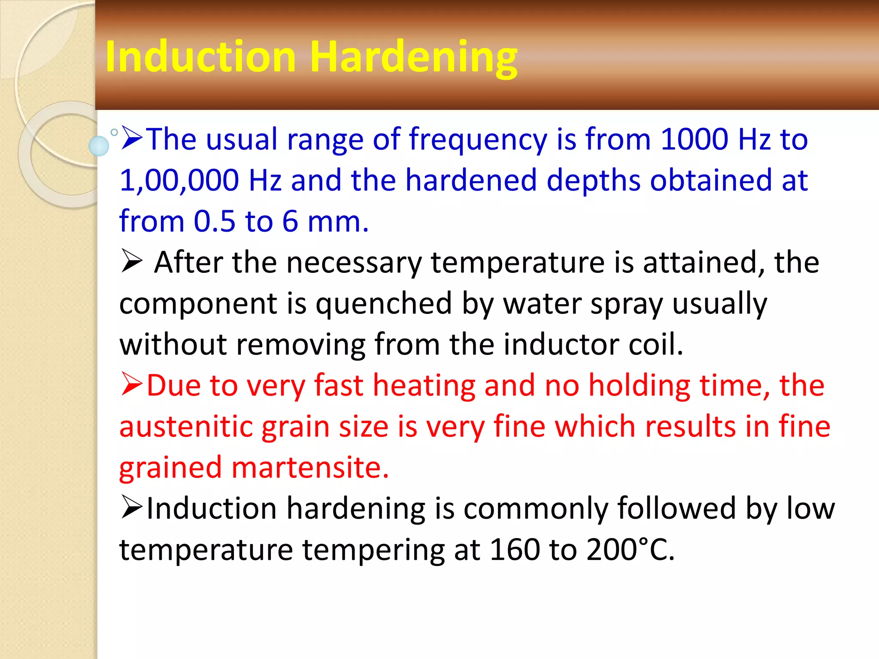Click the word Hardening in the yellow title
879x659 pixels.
[413, 58]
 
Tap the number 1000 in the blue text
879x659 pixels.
[694, 139]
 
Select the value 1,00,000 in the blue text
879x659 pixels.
[179, 180]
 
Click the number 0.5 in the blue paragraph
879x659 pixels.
[214, 221]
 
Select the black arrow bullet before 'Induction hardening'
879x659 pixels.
[131, 507]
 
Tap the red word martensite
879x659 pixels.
[309, 468]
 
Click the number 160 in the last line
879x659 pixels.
[514, 550]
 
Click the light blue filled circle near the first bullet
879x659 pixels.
[99, 146]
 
